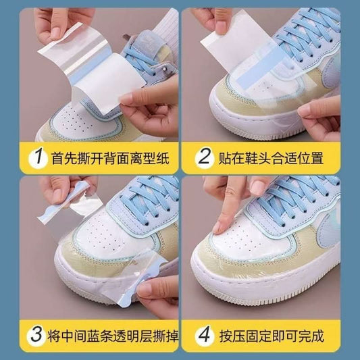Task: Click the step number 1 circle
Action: (x=38, y=158)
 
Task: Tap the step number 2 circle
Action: (x=204, y=158)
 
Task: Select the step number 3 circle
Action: (x=36, y=336)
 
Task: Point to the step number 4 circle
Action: (x=205, y=336)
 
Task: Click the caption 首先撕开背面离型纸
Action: (x=110, y=158)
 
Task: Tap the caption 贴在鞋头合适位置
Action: (x=271, y=158)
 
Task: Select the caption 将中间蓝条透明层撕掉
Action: (x=113, y=336)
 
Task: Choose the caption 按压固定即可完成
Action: (x=272, y=336)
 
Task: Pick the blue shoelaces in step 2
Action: (x=305, y=34)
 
